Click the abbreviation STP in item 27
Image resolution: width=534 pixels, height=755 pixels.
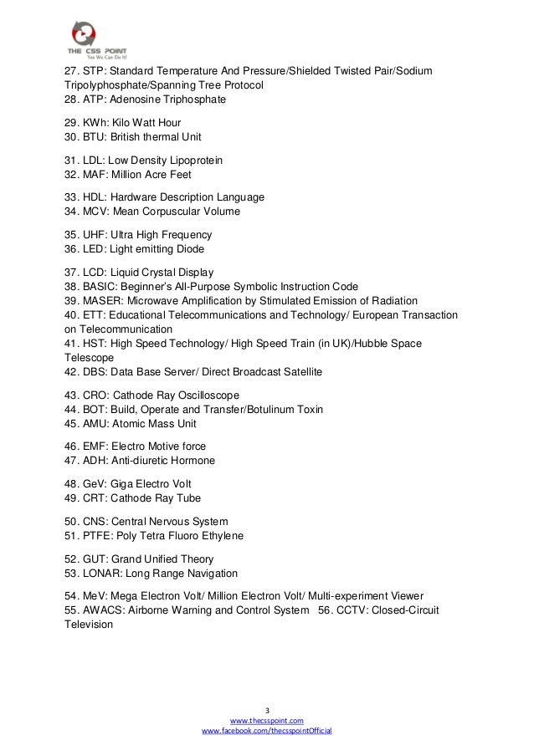(x=95, y=70)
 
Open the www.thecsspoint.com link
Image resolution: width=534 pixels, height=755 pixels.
(x=267, y=720)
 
